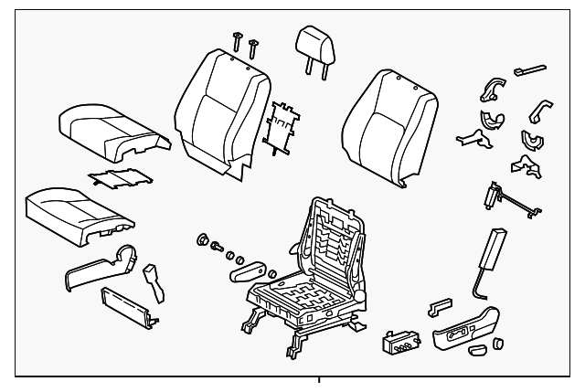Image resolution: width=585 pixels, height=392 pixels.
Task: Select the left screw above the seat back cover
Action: pos(236,41)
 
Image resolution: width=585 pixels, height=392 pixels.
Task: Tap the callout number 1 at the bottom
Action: pos(318,383)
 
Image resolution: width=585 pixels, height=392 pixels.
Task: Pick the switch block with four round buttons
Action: pos(399,343)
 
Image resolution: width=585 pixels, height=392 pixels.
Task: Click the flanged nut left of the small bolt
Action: pos(202,241)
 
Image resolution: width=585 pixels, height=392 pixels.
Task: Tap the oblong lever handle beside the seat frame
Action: pos(247,272)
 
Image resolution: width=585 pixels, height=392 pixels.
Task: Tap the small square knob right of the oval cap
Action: pos(499,343)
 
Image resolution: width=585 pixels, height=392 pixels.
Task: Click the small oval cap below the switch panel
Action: pos(477,350)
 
